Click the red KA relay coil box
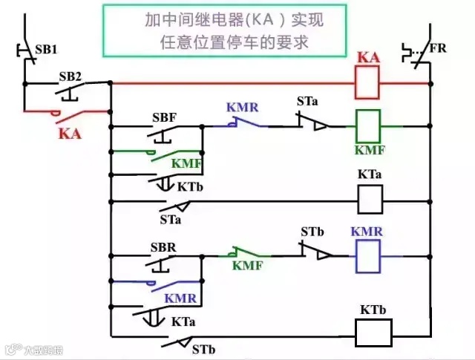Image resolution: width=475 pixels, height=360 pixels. (370, 84)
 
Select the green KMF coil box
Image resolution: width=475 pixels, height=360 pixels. (370, 126)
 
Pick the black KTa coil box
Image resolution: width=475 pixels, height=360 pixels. (370, 198)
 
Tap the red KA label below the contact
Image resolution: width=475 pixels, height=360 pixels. (69, 135)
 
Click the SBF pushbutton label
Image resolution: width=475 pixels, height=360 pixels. (164, 119)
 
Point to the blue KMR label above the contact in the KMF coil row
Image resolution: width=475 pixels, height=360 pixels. (243, 108)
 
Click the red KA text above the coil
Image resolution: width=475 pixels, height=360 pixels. (369, 58)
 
